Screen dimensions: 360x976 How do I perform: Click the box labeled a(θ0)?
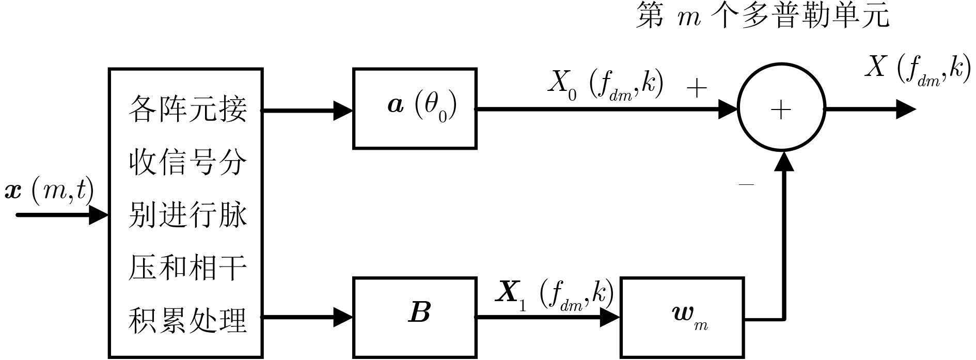pyautogui.click(x=415, y=108)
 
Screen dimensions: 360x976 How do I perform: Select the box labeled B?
pyautogui.click(x=415, y=317)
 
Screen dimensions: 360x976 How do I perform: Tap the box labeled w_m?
pyautogui.click(x=682, y=317)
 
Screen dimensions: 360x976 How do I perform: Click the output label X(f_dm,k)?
pyautogui.click(x=914, y=69)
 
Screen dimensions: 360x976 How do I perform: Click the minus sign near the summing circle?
pyautogui.click(x=746, y=184)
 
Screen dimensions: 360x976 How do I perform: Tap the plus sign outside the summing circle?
pyautogui.click(x=697, y=89)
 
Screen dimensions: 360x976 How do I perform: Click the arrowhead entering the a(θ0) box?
pyautogui.click(x=342, y=110)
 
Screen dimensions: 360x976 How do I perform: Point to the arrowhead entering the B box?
pyautogui.click(x=342, y=317)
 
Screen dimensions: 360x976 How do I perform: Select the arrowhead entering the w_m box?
pyautogui.click(x=609, y=317)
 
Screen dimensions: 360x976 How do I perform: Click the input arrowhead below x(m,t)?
pyautogui.click(x=98, y=214)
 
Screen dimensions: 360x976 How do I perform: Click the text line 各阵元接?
pyautogui.click(x=187, y=109)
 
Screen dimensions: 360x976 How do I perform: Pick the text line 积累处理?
pyautogui.click(x=187, y=320)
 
